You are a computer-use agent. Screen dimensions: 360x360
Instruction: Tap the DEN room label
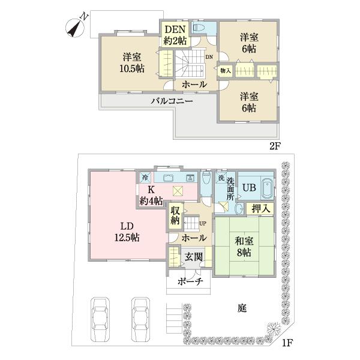(175, 29)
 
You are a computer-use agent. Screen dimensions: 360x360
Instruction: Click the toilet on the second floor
(199, 28)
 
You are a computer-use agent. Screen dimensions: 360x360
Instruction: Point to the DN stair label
(209, 57)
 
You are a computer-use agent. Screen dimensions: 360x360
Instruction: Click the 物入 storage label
(225, 71)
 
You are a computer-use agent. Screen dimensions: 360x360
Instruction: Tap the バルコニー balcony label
(172, 101)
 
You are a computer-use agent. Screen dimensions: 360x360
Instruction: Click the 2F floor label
(275, 146)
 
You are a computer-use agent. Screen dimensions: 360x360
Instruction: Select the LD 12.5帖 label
(127, 232)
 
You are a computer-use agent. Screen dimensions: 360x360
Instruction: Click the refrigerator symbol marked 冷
(145, 177)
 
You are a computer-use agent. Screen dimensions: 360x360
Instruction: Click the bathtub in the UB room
(267, 188)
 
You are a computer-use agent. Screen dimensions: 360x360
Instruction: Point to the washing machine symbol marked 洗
(221, 177)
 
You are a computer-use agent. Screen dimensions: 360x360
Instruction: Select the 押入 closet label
(260, 208)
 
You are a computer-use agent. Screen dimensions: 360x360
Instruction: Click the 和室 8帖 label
(244, 247)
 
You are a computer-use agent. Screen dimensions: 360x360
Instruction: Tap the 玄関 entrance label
(194, 257)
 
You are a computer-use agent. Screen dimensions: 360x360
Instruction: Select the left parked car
(100, 319)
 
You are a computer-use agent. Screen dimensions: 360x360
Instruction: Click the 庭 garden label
(242, 308)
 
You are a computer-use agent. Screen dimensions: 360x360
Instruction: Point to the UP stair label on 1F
(203, 223)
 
